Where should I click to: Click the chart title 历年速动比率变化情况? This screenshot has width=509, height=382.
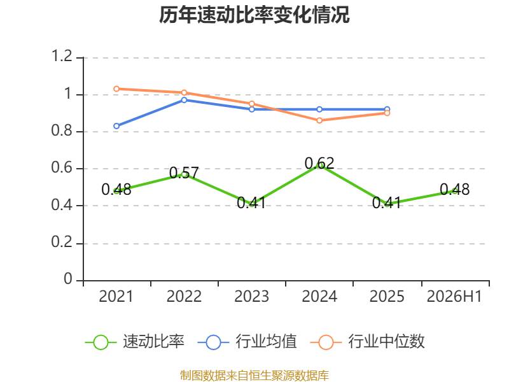pos(254,15)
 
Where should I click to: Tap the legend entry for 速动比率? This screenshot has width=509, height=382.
pos(135,342)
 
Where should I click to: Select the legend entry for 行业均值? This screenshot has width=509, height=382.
pos(247,342)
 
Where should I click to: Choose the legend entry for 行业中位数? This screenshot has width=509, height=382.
pos(368,342)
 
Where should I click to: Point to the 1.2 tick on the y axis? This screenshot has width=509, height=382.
pos(62,56)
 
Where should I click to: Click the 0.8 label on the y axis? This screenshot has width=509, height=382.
pos(62,131)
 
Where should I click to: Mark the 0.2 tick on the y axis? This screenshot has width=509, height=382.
pos(62,243)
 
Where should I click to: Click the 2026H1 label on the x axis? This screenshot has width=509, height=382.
pos(454,296)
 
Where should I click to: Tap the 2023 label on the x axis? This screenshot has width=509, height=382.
pos(251,296)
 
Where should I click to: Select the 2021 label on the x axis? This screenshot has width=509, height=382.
pos(116,296)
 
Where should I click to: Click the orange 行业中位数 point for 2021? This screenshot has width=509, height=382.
pos(116,89)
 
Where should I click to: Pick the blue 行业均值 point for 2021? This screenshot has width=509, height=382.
pos(116,126)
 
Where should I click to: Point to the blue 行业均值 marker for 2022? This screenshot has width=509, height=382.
pos(184,100)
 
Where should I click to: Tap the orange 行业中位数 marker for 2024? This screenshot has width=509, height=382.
pos(319,120)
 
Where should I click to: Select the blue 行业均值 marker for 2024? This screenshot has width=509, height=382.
pos(319,110)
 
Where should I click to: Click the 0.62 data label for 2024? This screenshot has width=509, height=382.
pos(319,163)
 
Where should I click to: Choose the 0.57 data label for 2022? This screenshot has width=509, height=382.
pos(184,173)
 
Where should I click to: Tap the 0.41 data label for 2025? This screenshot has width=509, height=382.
pos(387,202)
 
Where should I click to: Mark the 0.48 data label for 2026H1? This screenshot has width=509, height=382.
pos(454,189)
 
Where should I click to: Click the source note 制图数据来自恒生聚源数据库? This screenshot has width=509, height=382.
pos(254,376)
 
